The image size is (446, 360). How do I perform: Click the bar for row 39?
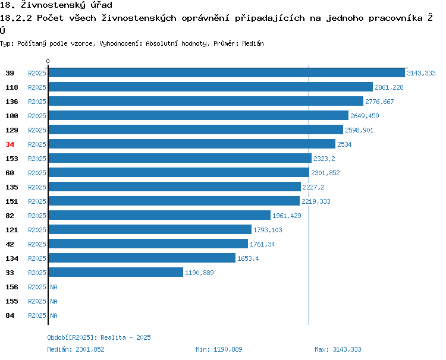click(x=227, y=73)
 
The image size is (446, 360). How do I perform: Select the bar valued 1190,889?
click(x=116, y=272)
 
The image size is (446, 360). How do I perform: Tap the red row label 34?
click(x=10, y=144)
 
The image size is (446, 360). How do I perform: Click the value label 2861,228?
click(x=389, y=87)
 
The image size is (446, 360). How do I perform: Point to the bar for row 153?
click(x=180, y=158)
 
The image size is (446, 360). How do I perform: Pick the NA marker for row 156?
click(x=54, y=287)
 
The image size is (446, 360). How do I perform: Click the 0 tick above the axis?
click(x=48, y=61)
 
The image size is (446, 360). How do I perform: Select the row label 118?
click(x=12, y=87)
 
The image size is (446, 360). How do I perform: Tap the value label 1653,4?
click(x=248, y=258)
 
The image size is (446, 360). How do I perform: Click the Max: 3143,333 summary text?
click(x=338, y=349)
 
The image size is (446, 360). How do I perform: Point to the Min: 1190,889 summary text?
click(x=219, y=349)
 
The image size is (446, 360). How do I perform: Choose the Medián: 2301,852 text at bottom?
click(x=76, y=349)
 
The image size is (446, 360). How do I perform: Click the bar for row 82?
click(x=159, y=215)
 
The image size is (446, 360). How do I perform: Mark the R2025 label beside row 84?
click(x=37, y=315)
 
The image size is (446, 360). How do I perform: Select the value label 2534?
click(x=344, y=144)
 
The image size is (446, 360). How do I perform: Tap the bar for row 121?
click(x=150, y=229)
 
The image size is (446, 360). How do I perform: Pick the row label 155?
click(x=12, y=301)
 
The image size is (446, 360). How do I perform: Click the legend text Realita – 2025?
click(x=125, y=337)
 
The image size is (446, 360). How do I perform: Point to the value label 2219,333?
click(x=316, y=201)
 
